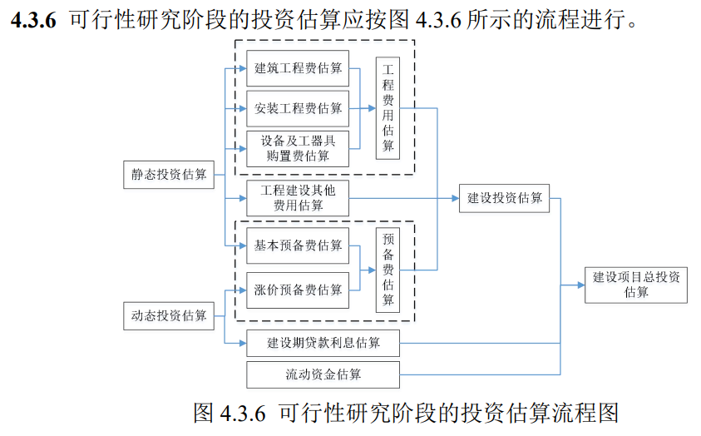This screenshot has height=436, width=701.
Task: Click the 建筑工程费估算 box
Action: coord(298,68)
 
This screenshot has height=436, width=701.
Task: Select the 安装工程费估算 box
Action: coord(298,108)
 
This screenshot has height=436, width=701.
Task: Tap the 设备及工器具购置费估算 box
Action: coord(298,149)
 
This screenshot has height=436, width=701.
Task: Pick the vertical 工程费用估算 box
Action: coord(388,108)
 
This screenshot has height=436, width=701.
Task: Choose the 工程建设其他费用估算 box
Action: coord(298,198)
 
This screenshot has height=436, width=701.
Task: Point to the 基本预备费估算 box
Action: coord(298,245)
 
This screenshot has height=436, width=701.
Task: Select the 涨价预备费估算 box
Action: coord(298,290)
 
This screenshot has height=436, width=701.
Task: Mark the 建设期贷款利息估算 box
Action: coord(323,342)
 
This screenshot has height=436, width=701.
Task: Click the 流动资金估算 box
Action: coord(323,374)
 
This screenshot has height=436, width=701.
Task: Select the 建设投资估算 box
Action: coord(504,198)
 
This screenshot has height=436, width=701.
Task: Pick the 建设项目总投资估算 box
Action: coord(635,285)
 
